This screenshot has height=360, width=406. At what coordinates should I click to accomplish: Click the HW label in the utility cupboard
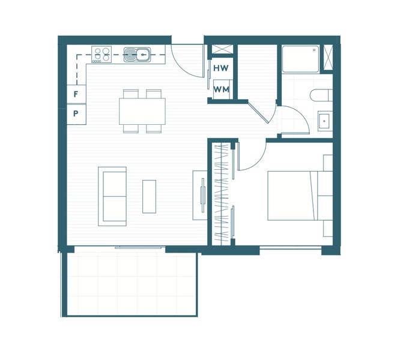220,68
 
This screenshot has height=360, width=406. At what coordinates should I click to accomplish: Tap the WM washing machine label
220,89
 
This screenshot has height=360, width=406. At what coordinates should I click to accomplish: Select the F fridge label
76,94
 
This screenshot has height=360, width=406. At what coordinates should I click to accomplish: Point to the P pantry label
76,113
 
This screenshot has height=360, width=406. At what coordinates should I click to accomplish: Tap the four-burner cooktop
101,55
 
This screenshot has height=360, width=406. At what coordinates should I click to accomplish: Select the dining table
142,111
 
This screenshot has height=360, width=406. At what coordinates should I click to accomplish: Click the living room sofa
112,196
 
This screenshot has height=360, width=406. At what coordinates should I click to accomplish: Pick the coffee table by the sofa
149,196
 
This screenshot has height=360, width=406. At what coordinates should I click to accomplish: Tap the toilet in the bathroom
321,95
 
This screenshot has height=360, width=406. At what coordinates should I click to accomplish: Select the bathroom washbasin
324,122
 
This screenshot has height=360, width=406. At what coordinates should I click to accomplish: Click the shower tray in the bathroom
301,59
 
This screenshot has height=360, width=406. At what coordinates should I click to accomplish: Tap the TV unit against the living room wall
199,195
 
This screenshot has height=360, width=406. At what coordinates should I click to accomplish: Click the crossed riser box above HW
220,50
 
